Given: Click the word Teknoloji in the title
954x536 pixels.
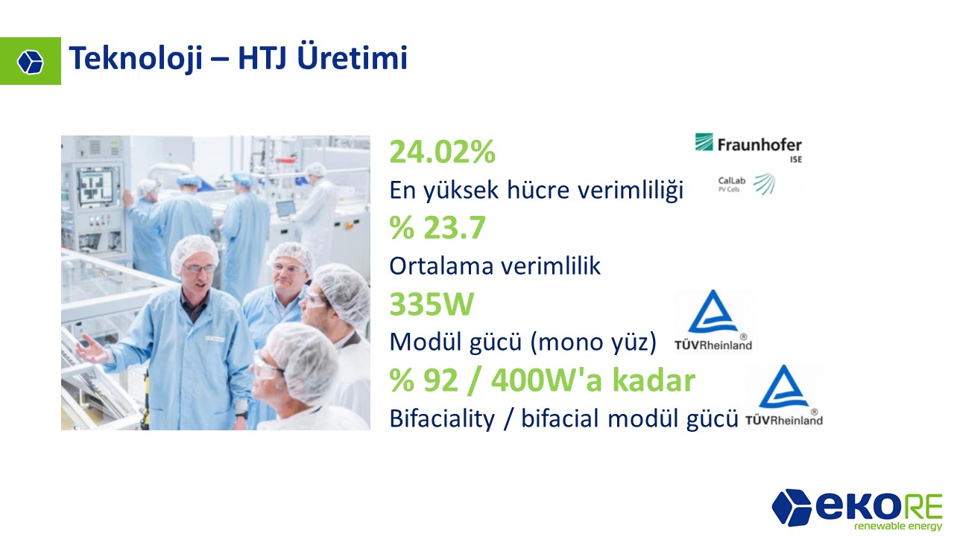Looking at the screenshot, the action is (136, 59).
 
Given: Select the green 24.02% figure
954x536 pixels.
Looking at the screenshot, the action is (443, 152).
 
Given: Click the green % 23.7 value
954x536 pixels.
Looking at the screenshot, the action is (437, 228).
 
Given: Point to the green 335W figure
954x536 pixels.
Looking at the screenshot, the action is (432, 304).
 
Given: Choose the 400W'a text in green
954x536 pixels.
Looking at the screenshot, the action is (547, 380).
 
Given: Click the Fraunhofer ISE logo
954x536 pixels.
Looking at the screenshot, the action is (748, 147).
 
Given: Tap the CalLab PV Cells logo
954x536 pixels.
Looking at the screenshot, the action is (746, 184).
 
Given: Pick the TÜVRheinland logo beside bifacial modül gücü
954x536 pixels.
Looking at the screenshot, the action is (784, 395).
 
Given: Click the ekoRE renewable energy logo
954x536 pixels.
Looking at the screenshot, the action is (857, 510).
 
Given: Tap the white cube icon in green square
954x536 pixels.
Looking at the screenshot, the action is (31, 62).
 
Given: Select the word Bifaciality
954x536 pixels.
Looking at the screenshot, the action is (442, 418).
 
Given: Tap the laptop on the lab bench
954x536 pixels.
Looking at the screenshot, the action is (285, 209).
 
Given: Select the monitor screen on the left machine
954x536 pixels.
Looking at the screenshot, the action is (96, 186).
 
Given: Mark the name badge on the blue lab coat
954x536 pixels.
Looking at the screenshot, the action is (215, 339).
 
